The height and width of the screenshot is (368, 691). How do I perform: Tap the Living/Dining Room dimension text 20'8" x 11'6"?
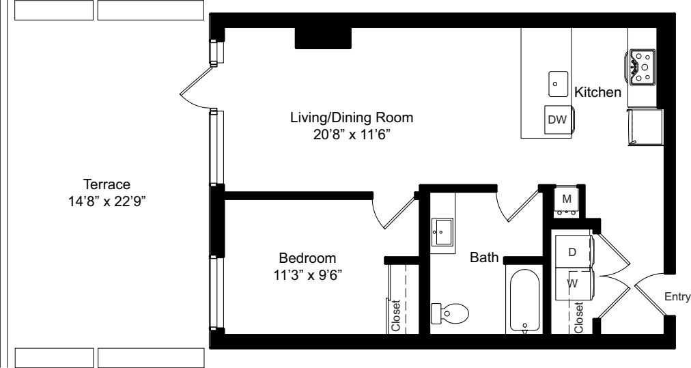tap(352, 135)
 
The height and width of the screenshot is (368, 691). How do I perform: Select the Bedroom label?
tap(307, 258)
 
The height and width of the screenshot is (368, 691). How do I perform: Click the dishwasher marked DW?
tap(558, 119)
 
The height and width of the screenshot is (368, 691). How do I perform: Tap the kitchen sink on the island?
tap(558, 84)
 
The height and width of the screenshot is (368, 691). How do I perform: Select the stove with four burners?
tap(642, 68)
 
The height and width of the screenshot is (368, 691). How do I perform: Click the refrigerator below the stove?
tap(645, 125)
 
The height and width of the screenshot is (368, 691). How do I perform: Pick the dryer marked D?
tap(573, 252)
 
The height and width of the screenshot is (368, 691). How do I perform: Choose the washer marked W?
tap(573, 282)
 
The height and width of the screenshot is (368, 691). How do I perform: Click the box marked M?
tap(566, 200)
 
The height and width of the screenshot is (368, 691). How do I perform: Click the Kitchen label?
tap(597, 92)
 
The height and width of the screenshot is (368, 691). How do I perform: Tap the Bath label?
tap(483, 258)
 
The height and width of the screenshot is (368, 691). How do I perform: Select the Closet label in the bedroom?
tap(396, 316)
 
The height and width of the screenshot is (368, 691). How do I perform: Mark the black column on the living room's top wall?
tap(322, 38)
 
